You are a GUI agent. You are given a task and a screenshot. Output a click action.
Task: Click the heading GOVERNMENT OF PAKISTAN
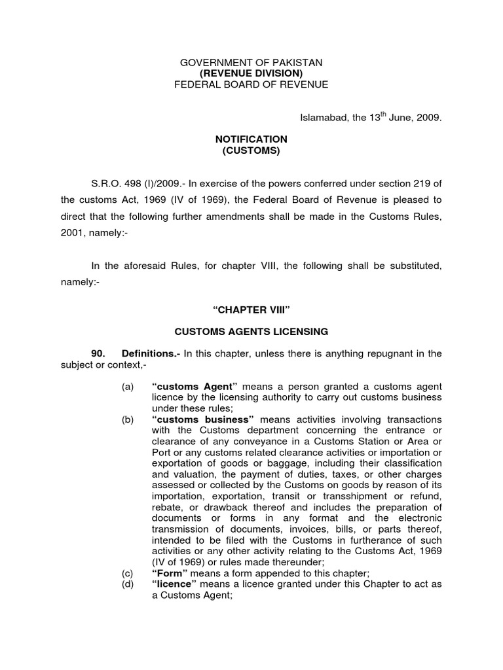click(251, 62)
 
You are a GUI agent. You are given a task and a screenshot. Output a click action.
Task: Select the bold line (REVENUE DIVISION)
click(251, 73)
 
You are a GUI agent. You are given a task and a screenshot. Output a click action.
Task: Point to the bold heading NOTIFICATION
click(251, 139)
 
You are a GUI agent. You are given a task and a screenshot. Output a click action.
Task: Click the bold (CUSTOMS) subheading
click(251, 150)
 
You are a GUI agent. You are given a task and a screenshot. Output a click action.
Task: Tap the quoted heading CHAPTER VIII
click(251, 309)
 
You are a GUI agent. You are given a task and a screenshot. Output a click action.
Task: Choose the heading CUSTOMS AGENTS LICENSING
click(251, 332)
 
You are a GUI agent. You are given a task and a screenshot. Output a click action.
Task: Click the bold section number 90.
click(100, 354)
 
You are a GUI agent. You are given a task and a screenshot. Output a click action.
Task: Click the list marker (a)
click(128, 387)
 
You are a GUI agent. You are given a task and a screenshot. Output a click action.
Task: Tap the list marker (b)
click(128, 419)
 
